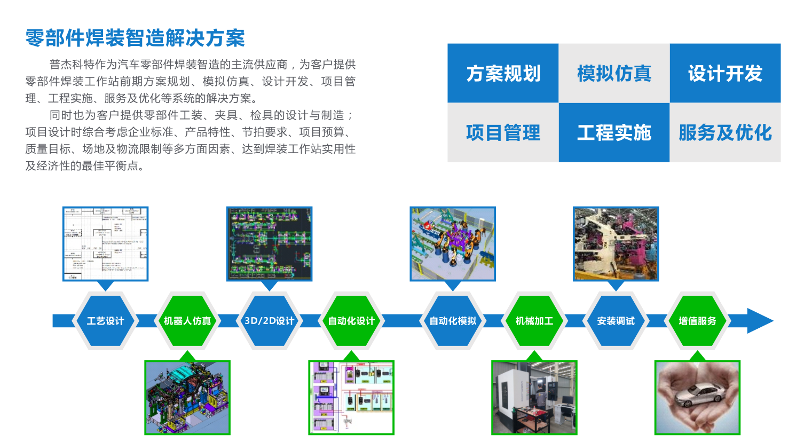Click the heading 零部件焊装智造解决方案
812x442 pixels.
click(135, 38)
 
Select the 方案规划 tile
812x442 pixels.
click(503, 73)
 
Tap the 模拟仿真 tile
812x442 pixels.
click(614, 73)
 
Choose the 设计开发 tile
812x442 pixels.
click(725, 73)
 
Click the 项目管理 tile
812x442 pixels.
click(503, 132)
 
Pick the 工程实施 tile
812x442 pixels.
click(614, 132)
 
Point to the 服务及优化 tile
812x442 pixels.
click(725, 132)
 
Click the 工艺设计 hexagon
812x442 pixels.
click(105, 321)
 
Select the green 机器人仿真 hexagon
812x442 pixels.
click(187, 321)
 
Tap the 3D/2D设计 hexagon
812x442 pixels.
click(270, 321)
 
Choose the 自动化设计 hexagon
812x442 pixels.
click(351, 321)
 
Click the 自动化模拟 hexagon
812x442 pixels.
click(453, 321)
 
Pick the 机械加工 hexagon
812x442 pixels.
click(534, 321)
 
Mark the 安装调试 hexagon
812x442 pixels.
click(616, 321)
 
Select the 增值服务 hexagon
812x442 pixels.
click(697, 321)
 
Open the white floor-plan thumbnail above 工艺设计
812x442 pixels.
click(105, 243)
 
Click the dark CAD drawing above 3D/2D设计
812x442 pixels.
click(270, 243)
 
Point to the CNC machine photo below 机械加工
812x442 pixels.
click(534, 397)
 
